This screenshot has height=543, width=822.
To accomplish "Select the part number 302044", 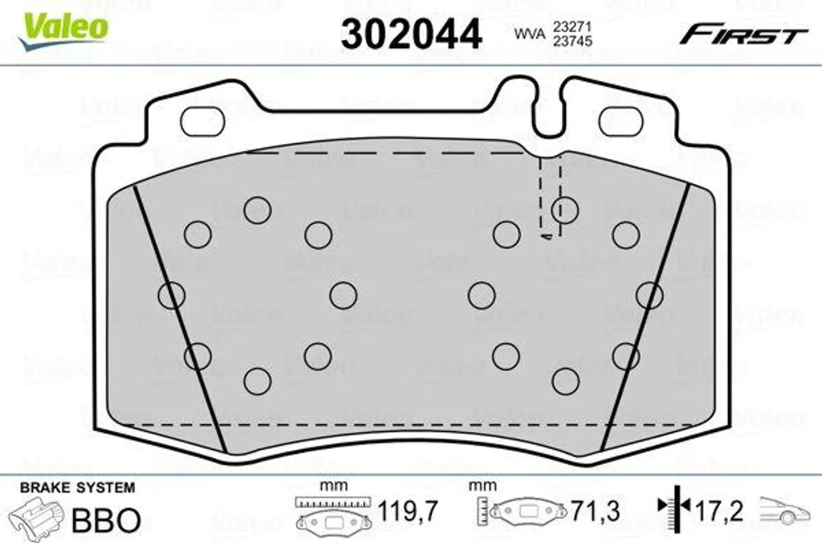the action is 412,34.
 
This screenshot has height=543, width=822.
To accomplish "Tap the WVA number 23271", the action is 572,27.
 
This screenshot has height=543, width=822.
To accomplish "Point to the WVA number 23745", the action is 572,41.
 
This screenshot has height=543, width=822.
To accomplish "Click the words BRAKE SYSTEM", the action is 78,488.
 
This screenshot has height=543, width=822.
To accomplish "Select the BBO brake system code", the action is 106,520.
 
